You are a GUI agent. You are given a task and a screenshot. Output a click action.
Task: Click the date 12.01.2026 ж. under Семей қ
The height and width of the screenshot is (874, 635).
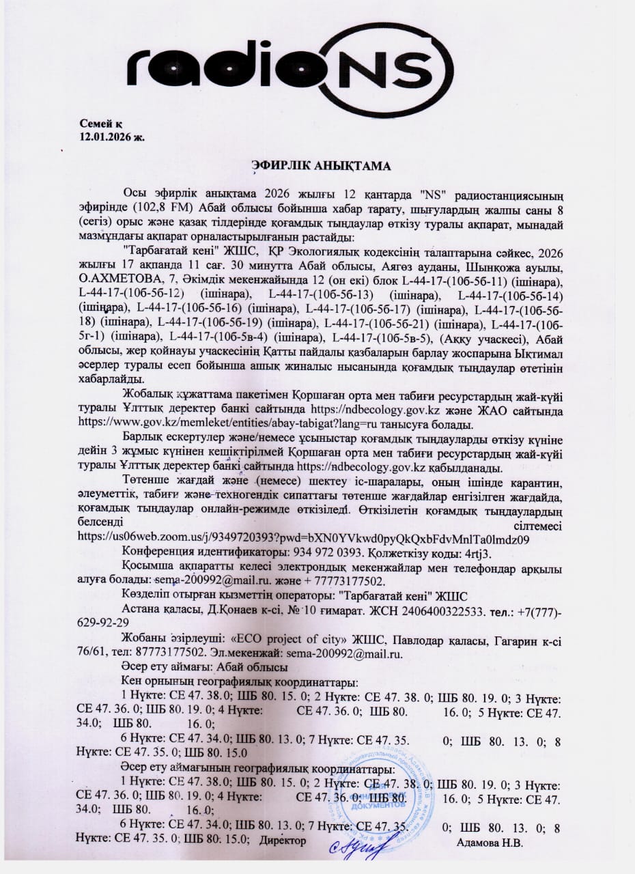point(112,136)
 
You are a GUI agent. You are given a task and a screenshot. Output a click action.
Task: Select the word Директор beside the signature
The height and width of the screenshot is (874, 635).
point(283,841)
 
